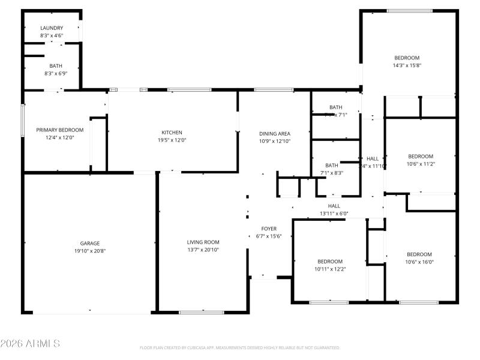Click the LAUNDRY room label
pos(52,28)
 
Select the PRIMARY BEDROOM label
pos(59,130)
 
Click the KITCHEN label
pos(172,133)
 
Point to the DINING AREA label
pos(275,133)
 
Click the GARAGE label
pos(90,243)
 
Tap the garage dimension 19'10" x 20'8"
pos(90,251)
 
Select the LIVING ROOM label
pos(203,242)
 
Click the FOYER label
pos(269,229)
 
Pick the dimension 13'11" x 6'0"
pos(334,214)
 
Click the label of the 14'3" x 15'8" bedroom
pos(407,58)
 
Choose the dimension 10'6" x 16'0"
pos(419,262)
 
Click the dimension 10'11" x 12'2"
pos(330,269)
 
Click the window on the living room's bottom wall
pos(202,312)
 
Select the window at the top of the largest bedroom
pos(409,11)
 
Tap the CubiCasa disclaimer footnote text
pos(240,347)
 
